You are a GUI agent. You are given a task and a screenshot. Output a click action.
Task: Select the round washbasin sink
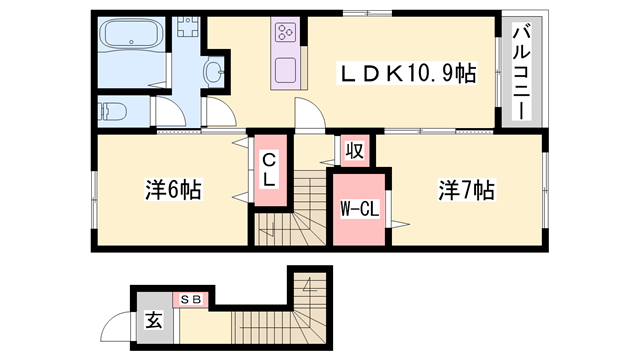coord(213,71)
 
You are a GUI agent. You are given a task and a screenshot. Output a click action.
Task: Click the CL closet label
coord(270,169)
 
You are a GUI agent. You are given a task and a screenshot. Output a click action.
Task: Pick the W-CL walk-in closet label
coord(357,211)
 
